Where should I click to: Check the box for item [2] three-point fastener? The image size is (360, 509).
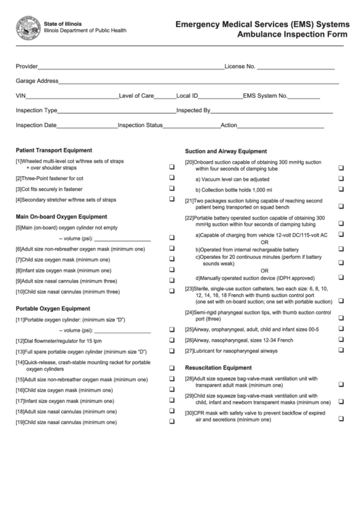tap(171, 178)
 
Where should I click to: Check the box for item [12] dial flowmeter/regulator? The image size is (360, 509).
tap(171, 340)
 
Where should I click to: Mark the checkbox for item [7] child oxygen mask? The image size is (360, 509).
tap(171, 260)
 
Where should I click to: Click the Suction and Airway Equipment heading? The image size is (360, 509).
tap(226, 151)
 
